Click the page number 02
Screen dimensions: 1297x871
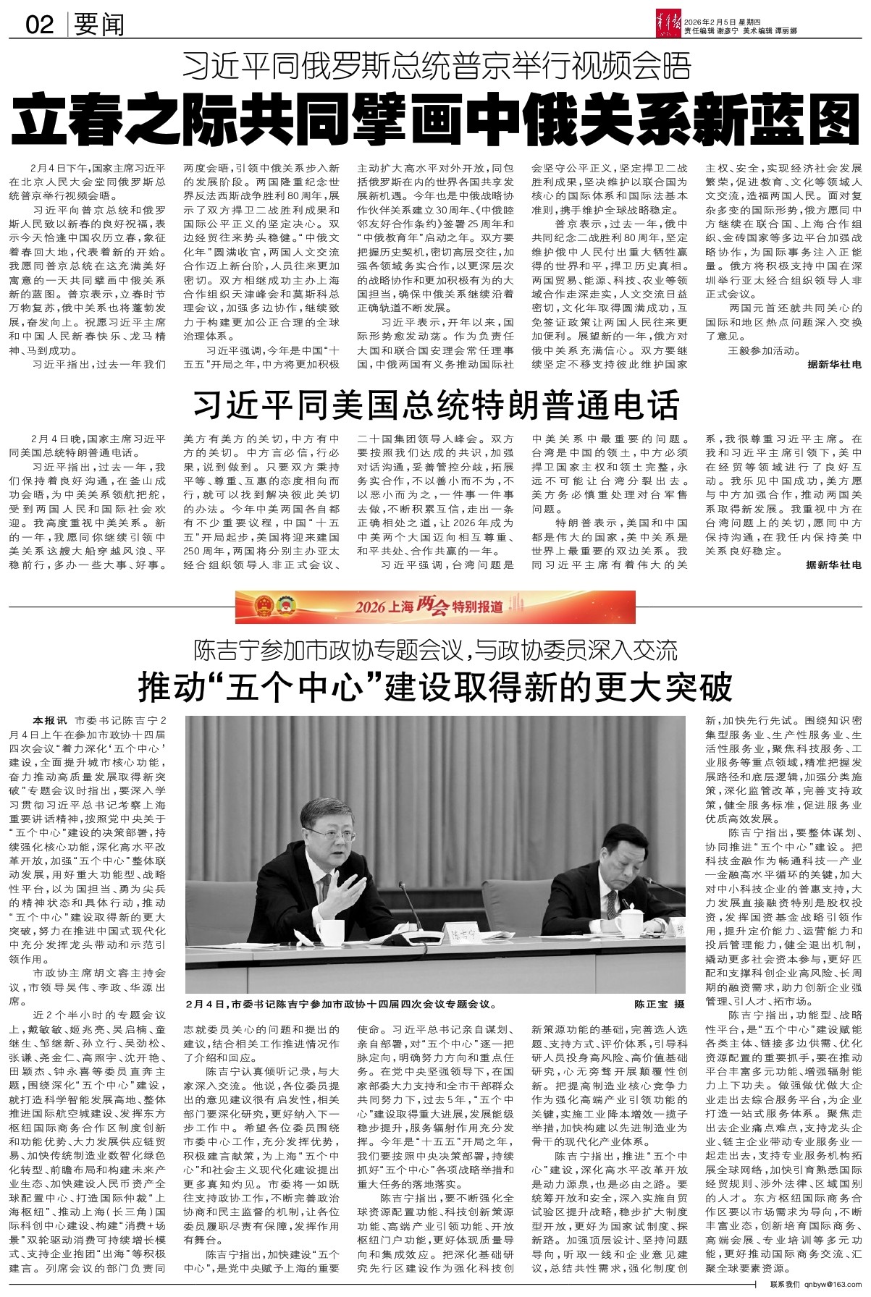click(x=40, y=25)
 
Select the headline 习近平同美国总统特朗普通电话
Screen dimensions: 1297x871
click(x=436, y=405)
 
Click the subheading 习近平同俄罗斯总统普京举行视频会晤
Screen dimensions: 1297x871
click(x=437, y=67)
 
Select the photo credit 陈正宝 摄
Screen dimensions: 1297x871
click(x=659, y=1004)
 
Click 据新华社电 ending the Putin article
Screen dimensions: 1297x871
click(x=835, y=366)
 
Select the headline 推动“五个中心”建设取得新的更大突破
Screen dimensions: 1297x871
click(x=436, y=688)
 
